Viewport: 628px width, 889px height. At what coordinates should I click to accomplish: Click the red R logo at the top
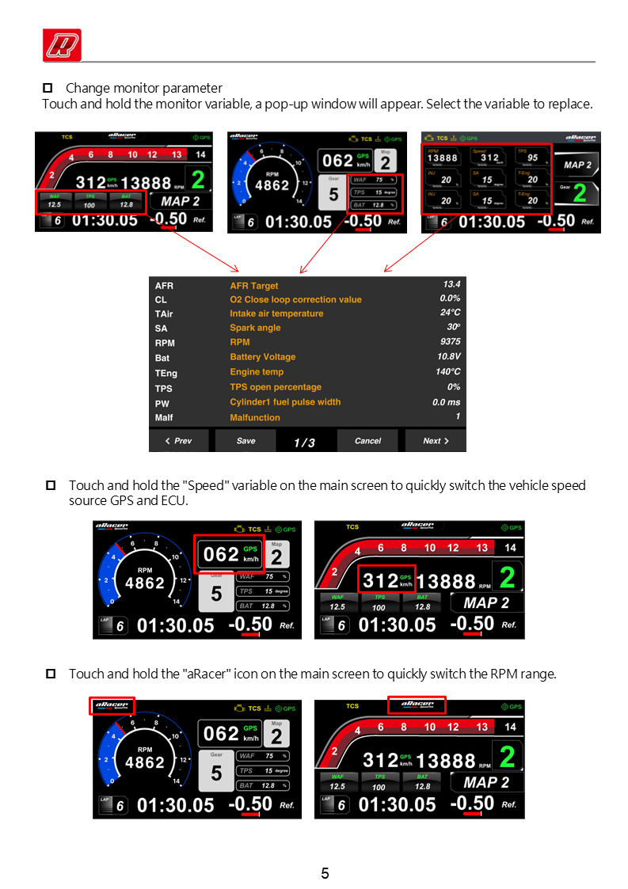(62, 44)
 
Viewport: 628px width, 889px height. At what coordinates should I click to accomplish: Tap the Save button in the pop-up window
(245, 441)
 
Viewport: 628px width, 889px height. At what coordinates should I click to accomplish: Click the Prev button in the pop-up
(178, 441)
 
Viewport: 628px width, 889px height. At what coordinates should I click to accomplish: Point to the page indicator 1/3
(304, 443)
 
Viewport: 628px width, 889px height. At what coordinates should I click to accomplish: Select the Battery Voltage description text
(262, 357)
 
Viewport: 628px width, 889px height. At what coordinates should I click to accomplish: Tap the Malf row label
(164, 417)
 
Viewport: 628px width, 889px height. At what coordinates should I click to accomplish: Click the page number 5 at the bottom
(325, 874)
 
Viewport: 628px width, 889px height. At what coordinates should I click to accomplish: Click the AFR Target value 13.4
(451, 284)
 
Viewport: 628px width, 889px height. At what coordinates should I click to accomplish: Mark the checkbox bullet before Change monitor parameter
(47, 88)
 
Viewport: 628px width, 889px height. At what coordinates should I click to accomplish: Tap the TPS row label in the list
(164, 388)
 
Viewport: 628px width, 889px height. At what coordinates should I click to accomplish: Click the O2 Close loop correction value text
(295, 299)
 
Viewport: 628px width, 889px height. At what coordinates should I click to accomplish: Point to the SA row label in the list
(162, 328)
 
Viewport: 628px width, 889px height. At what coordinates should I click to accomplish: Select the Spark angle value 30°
(453, 327)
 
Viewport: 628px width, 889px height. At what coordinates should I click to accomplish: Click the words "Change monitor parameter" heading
(144, 88)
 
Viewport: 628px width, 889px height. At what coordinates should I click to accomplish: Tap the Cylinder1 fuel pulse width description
(285, 402)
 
